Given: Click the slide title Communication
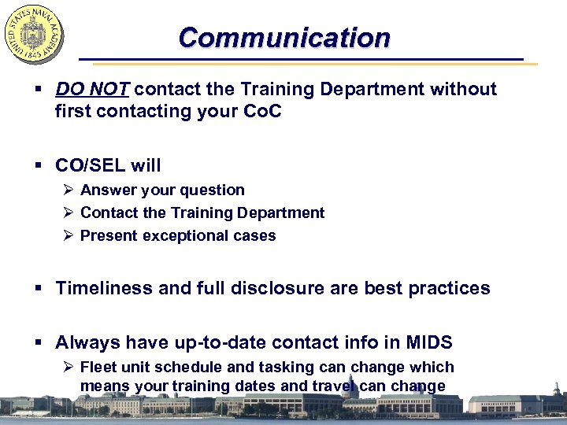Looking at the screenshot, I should click(283, 37).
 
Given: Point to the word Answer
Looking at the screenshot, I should click(107, 190).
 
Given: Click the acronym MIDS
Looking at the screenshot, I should click(429, 342).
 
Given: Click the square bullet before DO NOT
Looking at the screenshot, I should click(40, 90).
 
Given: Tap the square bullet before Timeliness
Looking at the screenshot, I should click(40, 289).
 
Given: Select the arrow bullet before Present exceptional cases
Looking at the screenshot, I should click(69, 235).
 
